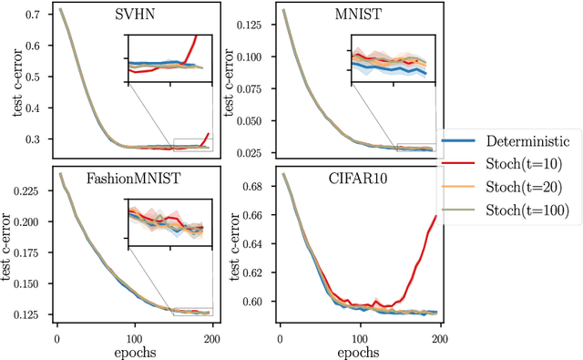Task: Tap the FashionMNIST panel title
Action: [134, 179]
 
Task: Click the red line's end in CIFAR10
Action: [436, 215]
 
